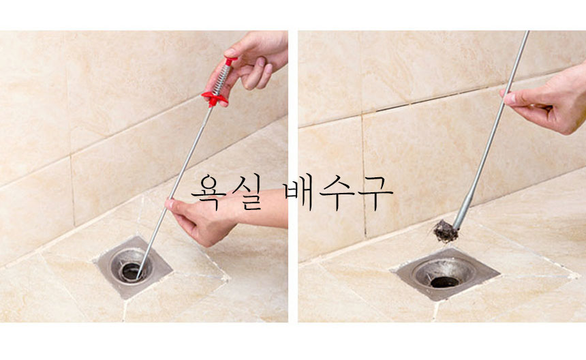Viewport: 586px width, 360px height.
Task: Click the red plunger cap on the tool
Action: pos(230,61)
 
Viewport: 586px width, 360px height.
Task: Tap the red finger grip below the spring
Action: pos(215,98)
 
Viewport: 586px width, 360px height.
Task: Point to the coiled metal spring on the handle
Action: pos(221,78)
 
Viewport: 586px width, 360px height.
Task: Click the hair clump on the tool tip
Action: pos(446,231)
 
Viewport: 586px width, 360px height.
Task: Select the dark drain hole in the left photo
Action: pos(131,271)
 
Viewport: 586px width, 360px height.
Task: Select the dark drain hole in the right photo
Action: pos(444,282)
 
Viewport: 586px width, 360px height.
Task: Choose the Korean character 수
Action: pos(337,192)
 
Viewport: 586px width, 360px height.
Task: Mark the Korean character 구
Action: pos(375,192)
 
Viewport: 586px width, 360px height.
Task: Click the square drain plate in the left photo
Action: pos(134,267)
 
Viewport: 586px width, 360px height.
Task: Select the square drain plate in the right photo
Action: pos(445,273)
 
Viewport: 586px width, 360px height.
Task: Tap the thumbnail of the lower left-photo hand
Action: pos(170,204)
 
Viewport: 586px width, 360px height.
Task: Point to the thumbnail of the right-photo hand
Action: pos(509,99)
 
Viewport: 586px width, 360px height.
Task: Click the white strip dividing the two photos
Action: pos(293,177)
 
